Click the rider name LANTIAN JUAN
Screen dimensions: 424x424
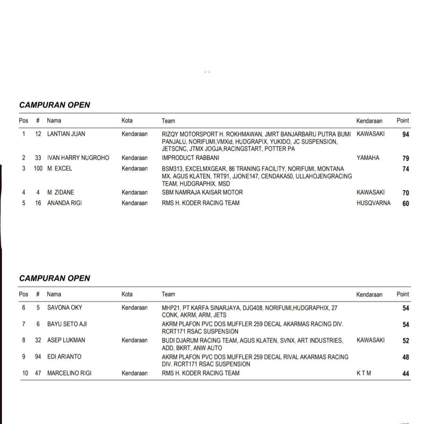[66, 134]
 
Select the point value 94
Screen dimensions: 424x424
[406, 135]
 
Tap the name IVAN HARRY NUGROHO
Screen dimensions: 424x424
[78, 158]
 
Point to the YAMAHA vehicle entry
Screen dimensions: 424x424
[368, 158]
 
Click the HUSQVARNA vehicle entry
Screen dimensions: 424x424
[373, 203]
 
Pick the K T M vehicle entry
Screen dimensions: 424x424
[364, 373]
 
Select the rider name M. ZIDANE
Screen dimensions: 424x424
[60, 192]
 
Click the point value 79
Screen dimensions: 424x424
[406, 159]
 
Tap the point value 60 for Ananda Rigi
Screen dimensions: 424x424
[406, 204]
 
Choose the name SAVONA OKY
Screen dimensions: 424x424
[65, 307]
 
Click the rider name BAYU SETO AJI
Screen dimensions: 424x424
[67, 324]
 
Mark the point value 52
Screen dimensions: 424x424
[406, 341]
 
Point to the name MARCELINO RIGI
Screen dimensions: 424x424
[69, 373]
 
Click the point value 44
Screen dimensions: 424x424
[406, 374]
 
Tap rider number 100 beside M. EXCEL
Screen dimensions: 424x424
[38, 168]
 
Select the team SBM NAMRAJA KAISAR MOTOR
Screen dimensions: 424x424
[202, 192]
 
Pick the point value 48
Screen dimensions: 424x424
[406, 357]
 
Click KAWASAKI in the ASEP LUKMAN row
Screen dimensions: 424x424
[371, 340]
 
